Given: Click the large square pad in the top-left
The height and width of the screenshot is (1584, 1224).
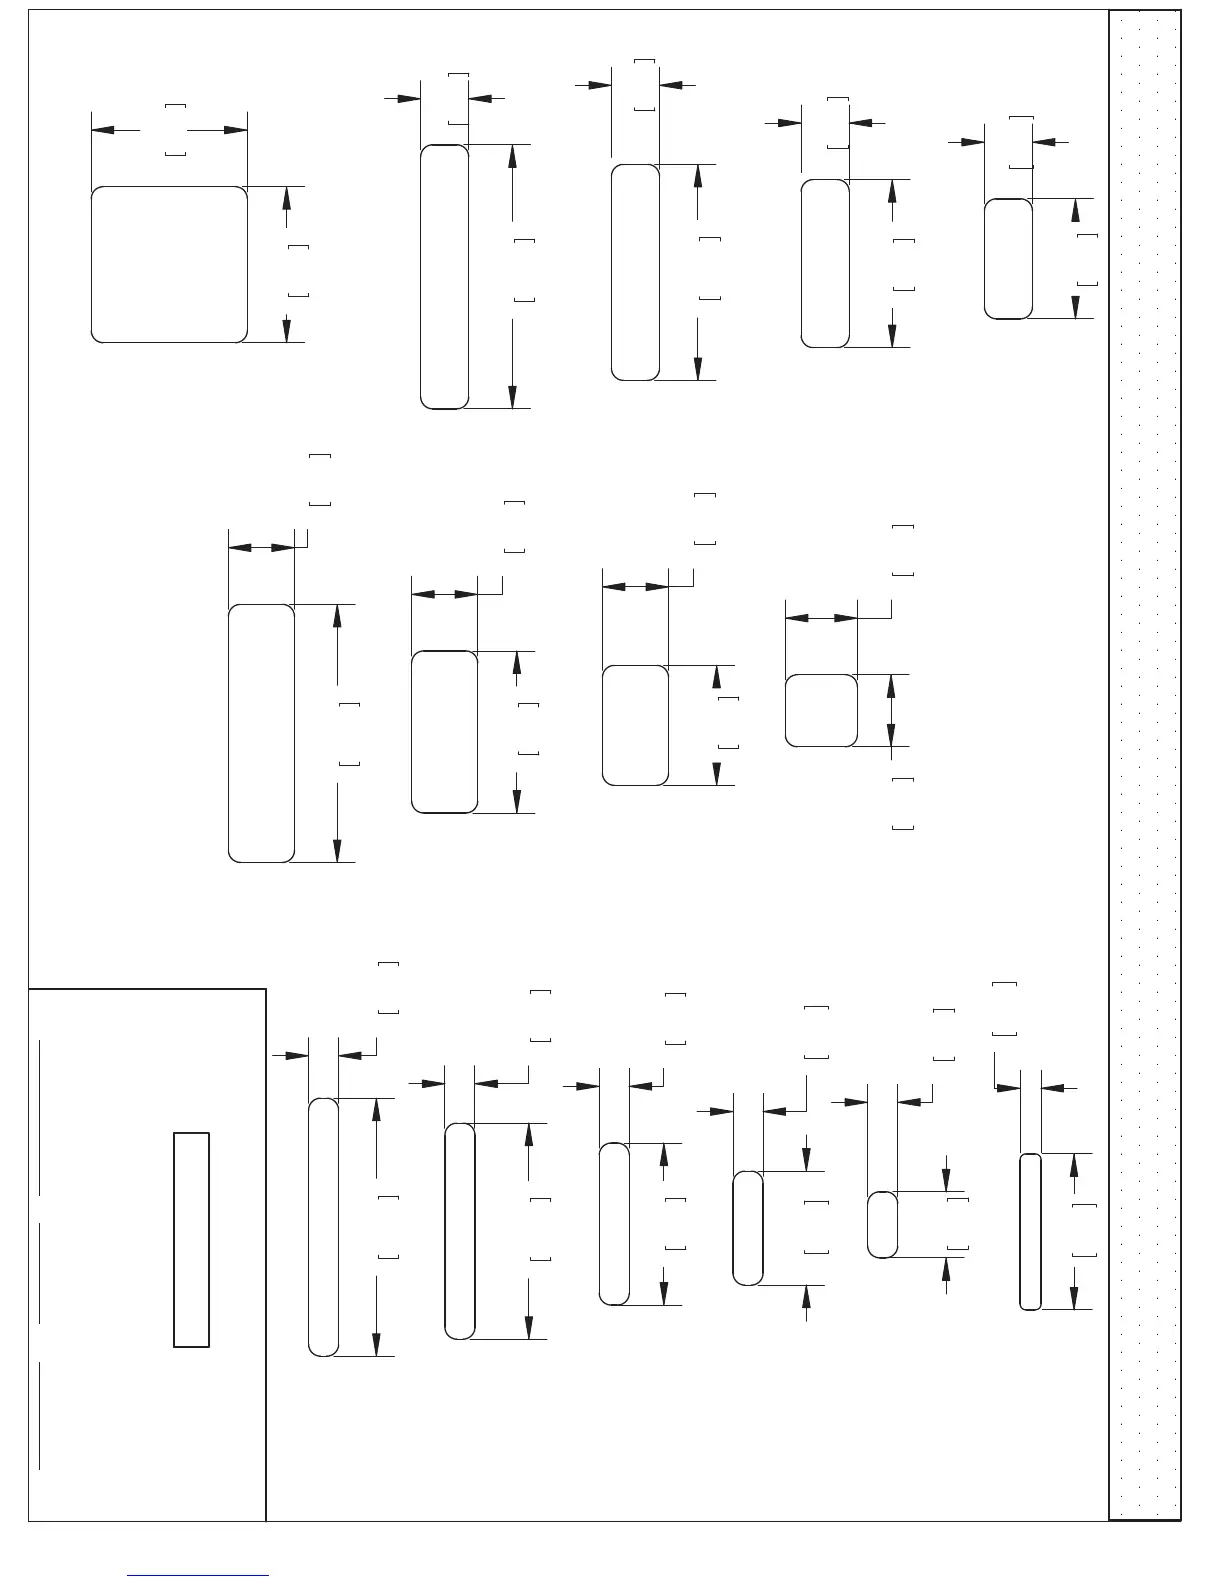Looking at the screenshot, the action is point(169,264).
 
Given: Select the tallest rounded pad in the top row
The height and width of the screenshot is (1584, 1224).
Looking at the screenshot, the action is point(444,277).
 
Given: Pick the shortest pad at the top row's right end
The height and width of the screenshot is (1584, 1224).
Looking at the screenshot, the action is point(1008,259).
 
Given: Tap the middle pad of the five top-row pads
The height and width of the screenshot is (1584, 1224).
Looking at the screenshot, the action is point(635,272).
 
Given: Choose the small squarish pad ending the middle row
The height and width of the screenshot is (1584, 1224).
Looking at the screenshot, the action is point(821,711).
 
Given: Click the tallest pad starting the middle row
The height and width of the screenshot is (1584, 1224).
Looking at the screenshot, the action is point(261,733).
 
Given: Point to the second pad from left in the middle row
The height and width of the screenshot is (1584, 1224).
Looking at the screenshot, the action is point(444,732).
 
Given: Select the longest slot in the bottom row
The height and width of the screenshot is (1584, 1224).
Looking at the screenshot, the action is point(323,1227).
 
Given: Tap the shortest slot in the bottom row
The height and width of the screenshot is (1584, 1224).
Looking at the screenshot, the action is point(881,1225).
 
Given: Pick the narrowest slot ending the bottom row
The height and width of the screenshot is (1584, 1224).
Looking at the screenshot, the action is point(1030,1232).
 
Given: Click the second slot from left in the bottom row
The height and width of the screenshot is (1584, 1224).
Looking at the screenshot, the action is point(459,1231).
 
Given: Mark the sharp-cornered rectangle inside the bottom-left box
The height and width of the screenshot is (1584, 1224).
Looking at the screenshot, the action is point(191,1240).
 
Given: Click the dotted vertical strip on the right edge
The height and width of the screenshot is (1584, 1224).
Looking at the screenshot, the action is point(1145,765).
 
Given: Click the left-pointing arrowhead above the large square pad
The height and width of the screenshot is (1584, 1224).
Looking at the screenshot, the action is point(102,130).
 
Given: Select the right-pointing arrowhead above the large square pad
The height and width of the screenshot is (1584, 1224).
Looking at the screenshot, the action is point(236,130).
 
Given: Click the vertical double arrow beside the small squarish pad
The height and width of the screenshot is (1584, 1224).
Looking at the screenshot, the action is point(891,710).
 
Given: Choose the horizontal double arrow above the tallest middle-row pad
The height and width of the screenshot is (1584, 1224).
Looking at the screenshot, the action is point(261,547).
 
